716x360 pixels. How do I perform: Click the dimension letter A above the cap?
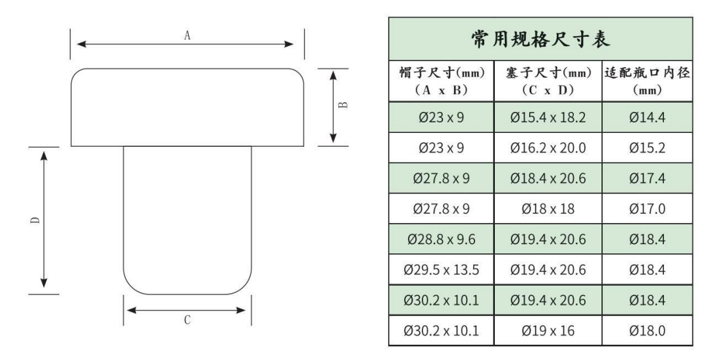[188, 37]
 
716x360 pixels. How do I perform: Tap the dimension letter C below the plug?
[188, 320]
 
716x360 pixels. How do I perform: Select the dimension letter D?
[34, 220]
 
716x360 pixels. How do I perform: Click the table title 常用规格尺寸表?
[540, 41]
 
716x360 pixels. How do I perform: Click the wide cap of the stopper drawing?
[188, 107]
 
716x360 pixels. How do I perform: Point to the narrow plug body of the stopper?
[188, 217]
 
